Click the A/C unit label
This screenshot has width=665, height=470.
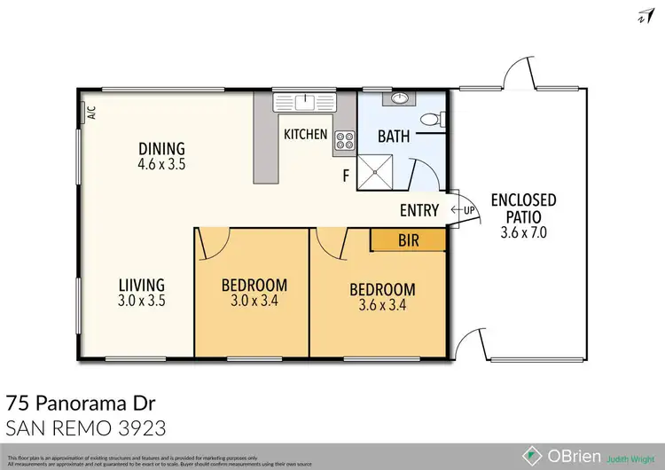(x=90, y=113)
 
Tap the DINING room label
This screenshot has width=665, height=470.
(x=160, y=148)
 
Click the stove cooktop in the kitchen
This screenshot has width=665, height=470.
(x=343, y=139)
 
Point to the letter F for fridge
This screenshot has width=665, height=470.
(x=346, y=176)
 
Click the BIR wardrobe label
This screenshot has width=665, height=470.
(x=407, y=239)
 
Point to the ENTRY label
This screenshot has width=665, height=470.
(x=419, y=210)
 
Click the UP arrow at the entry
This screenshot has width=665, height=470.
(x=464, y=210)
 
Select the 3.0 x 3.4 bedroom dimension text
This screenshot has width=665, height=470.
(x=254, y=302)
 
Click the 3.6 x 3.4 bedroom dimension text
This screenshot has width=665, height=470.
(x=381, y=306)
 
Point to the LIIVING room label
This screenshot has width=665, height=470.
(x=142, y=285)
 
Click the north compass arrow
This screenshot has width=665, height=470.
(x=639, y=15)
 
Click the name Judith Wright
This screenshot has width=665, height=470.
(x=632, y=459)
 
